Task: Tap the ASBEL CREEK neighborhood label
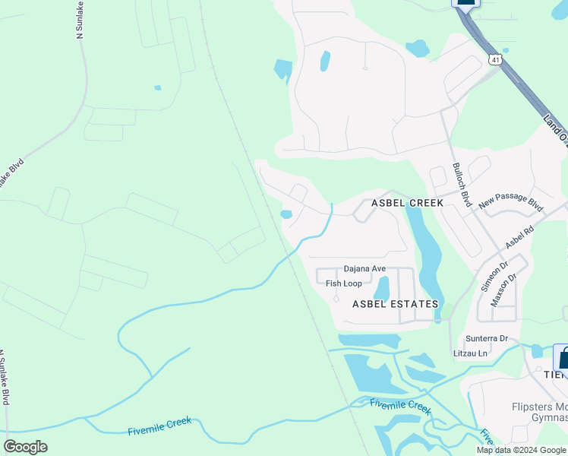(406, 204)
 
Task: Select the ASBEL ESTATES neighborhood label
(395, 304)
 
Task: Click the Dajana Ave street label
(364, 269)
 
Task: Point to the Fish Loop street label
(344, 283)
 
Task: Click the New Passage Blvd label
(511, 201)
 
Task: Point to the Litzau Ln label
(471, 353)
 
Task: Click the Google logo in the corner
(25, 447)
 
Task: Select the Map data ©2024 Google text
(522, 450)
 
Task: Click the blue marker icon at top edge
(466, 2)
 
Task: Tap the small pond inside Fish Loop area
(382, 289)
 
